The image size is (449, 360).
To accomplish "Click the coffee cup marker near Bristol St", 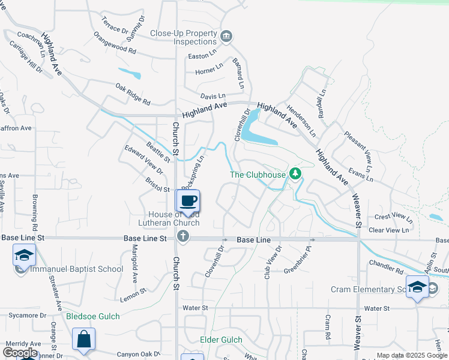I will coord(188,201).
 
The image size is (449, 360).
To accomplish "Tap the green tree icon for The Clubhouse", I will coord(295,174).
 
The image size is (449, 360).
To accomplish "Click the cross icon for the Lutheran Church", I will coord(184,237).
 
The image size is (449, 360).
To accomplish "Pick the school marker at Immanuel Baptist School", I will coord(23,256).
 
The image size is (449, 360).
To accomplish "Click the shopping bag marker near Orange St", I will coord(83,339).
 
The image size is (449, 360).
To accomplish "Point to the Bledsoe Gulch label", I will coord(93,316).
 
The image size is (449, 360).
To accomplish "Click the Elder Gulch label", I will coord(221,340).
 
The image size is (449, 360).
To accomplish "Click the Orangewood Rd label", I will coord(115,43).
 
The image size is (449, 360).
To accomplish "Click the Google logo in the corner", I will coord(20,353).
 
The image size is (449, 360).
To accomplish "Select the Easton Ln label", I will coord(202,55).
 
